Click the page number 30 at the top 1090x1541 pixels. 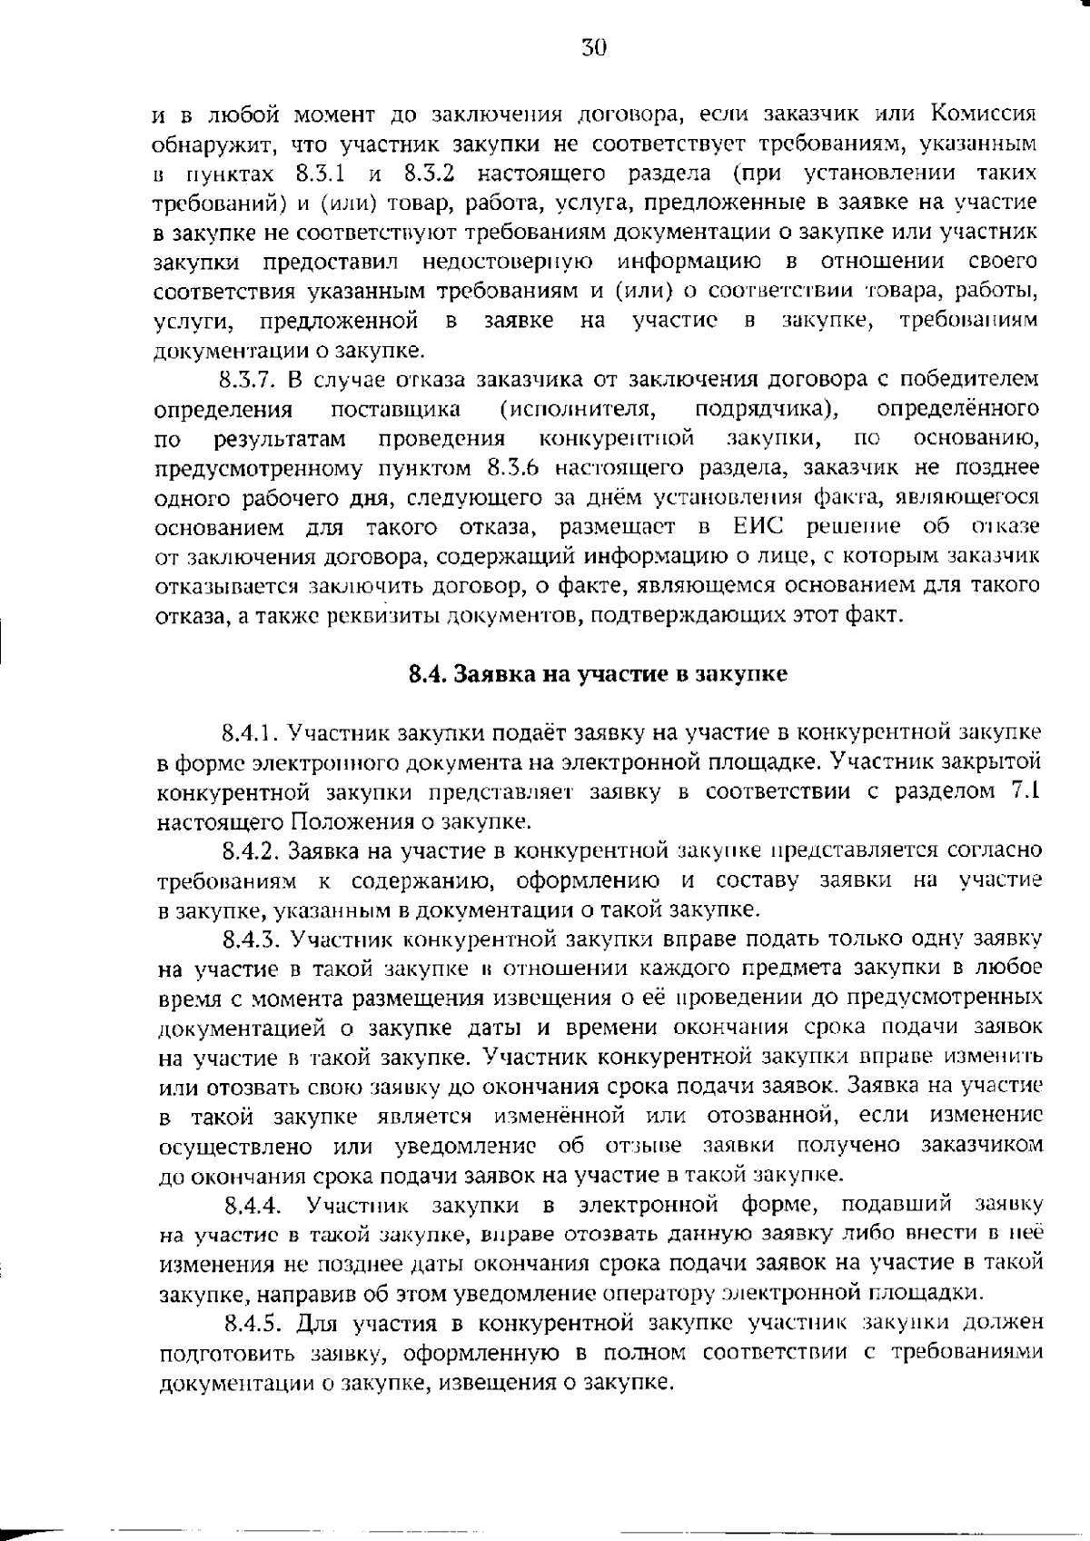593,48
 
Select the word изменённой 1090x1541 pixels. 559,1116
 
